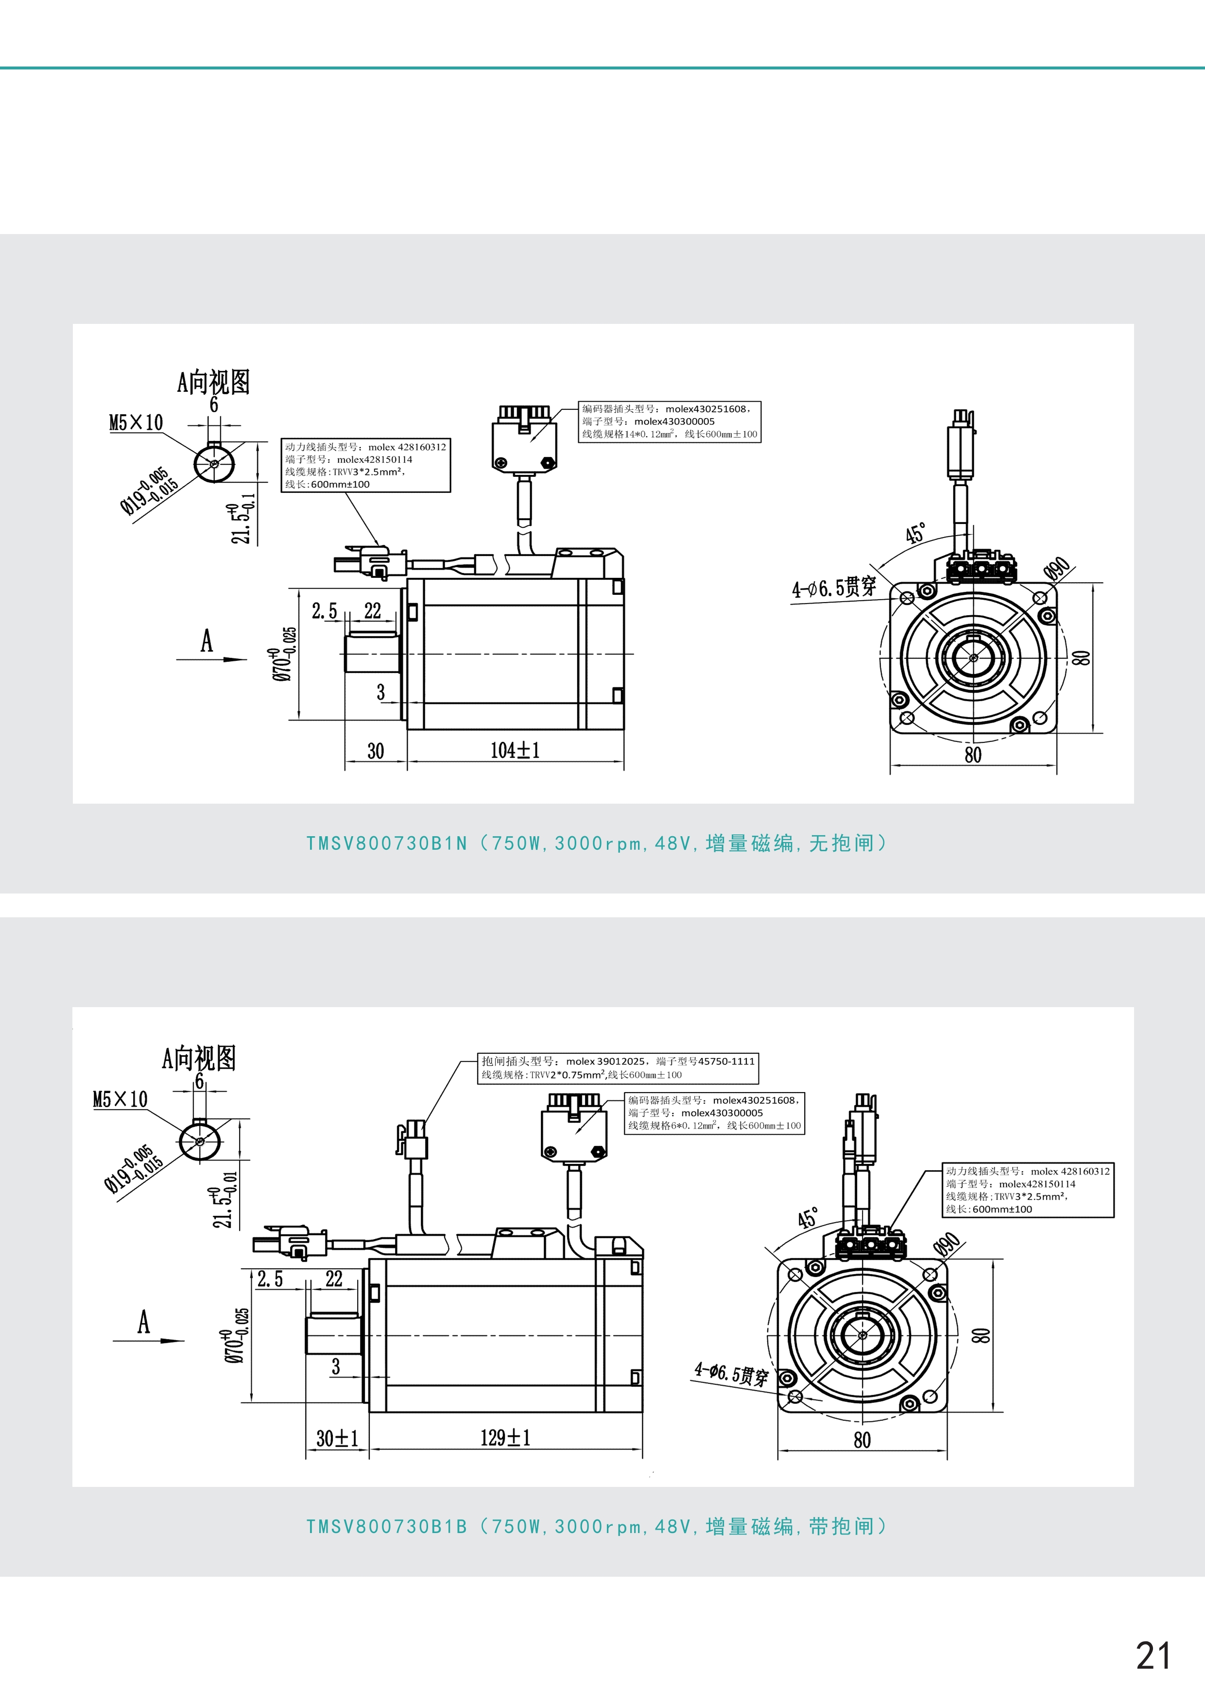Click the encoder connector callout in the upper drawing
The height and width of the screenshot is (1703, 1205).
669,422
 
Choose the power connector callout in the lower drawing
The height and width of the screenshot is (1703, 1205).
1028,1191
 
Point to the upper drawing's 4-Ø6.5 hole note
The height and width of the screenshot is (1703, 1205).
833,588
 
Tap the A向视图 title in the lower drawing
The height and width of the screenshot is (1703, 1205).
199,1058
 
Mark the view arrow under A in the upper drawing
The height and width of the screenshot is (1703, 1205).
211,658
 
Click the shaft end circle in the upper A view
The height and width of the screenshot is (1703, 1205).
214,464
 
